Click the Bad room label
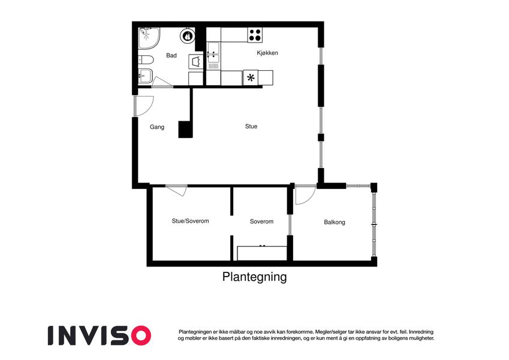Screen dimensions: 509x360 [x=171, y=56]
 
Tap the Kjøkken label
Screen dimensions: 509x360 [x=267, y=53]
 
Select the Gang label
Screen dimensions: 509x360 [x=157, y=127]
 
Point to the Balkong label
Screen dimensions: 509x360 [x=335, y=222]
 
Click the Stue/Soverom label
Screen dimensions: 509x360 [x=190, y=221]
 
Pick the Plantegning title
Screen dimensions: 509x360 [x=254, y=277]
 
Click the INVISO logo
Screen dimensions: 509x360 [x=100, y=335]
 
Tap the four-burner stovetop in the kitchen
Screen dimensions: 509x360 [x=255, y=35]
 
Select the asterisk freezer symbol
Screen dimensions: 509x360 [x=250, y=77]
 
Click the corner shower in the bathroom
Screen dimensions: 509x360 [x=149, y=38]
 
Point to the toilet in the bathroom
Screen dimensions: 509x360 [x=146, y=60]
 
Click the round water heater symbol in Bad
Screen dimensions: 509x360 [x=187, y=36]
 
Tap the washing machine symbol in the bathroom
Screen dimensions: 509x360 [x=195, y=61]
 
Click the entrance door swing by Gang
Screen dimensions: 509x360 [x=144, y=106]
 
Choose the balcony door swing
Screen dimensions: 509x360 [x=306, y=195]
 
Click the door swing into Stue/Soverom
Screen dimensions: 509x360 [x=177, y=190]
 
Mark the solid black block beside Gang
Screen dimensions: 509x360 [x=185, y=130]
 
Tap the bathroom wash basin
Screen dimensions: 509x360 [x=145, y=76]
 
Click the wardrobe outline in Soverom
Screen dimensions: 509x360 [x=262, y=253]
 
